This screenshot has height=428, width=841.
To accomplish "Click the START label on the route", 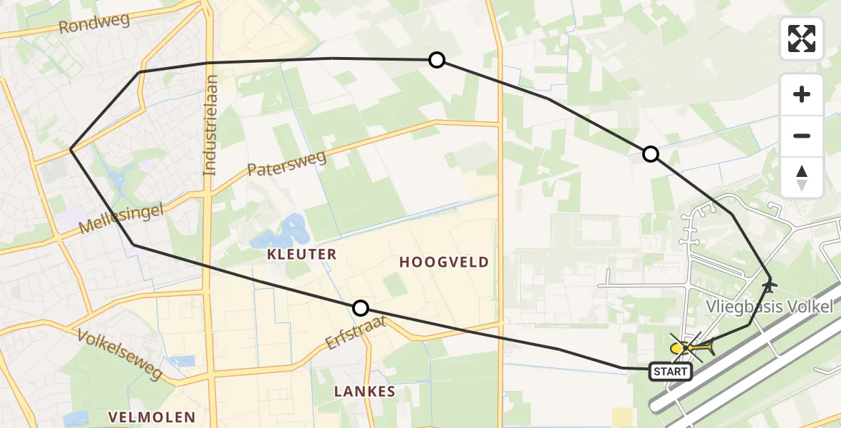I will tap(670, 371).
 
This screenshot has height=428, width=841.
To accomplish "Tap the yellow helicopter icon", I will tap(690, 348).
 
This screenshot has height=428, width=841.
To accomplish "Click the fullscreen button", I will tap(802, 39).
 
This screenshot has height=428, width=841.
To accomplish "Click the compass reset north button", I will tap(802, 178).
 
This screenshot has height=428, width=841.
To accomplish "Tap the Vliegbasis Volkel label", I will tap(769, 307).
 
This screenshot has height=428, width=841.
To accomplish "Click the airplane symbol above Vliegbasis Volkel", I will tap(769, 285).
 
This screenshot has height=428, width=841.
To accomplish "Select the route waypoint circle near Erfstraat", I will tap(361, 308).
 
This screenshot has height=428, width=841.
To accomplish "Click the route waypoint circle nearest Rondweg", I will tap(437, 60).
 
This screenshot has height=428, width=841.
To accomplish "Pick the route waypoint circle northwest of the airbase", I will tap(650, 153).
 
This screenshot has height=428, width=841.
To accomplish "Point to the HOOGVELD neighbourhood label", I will tap(444, 263).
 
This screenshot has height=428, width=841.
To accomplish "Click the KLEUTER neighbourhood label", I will tap(301, 255).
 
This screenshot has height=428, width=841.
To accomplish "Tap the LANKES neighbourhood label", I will tap(364, 392).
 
